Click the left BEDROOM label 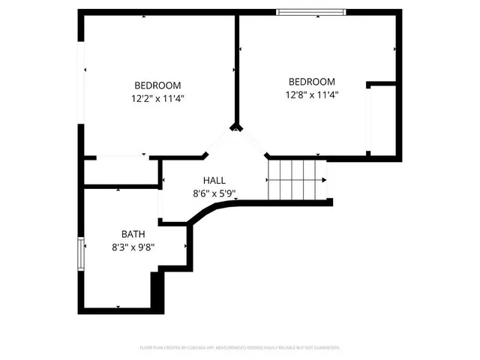point(157,85)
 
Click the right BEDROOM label point(312,82)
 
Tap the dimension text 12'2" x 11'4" point(157,97)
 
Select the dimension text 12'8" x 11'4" point(312,94)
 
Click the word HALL point(214,180)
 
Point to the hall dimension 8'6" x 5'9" point(214,193)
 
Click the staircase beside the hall point(296,180)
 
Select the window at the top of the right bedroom point(311,11)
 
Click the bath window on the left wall point(80,253)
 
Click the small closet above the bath point(120,172)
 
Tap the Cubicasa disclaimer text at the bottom point(240,347)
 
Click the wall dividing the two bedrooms point(237,67)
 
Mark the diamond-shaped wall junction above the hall point(237,127)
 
